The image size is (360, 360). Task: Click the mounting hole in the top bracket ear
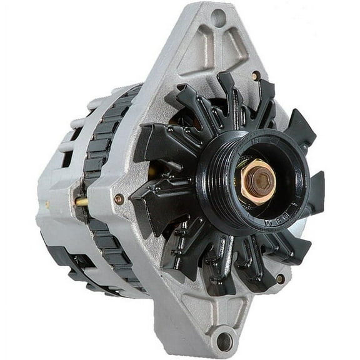218,17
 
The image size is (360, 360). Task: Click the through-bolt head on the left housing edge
119,199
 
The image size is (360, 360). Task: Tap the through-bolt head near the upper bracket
256,76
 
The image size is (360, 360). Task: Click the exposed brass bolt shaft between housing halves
82,202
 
